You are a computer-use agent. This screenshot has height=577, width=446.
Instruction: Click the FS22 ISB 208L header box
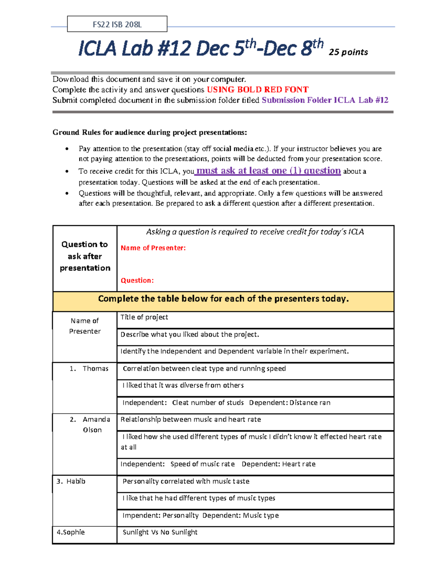click(117, 25)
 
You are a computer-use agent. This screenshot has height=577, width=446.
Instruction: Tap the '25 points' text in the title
click(348, 52)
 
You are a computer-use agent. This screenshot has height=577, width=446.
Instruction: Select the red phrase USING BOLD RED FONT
click(258, 90)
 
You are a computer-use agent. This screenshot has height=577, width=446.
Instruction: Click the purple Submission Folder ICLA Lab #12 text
click(325, 100)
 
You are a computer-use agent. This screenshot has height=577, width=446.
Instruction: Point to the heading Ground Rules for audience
click(149, 133)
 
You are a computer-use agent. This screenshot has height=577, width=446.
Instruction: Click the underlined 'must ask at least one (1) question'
click(268, 171)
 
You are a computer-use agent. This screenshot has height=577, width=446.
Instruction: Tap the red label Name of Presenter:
click(153, 248)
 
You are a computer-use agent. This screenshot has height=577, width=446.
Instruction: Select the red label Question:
click(137, 281)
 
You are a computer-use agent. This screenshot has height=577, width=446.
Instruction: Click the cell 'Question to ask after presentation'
click(85, 256)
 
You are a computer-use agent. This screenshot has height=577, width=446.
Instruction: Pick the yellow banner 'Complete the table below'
click(223, 299)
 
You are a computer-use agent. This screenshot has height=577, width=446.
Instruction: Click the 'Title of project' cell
click(144, 317)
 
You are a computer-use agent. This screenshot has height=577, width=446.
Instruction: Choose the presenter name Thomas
click(95, 369)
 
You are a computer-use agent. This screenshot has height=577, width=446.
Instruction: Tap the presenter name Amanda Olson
click(96, 424)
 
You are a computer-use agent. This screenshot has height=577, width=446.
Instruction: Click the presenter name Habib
click(76, 482)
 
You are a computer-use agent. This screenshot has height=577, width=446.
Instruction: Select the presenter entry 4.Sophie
click(71, 532)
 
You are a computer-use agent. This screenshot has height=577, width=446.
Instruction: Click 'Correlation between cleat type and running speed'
click(204, 369)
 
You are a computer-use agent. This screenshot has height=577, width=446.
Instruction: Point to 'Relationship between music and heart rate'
click(191, 419)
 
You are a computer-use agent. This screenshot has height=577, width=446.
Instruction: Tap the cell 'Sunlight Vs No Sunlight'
click(160, 532)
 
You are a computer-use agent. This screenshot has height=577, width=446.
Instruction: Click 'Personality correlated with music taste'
click(186, 482)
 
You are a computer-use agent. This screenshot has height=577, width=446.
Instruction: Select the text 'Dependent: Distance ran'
click(290, 403)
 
